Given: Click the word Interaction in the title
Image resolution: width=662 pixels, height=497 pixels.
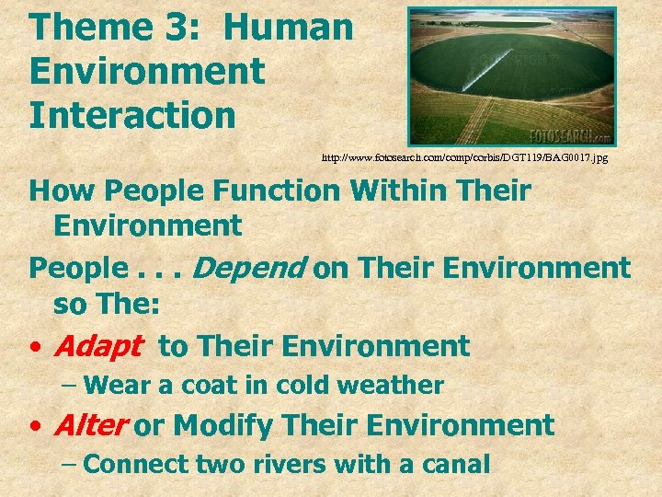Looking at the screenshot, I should (132, 116).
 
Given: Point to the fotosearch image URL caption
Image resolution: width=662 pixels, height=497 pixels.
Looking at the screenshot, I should (464, 158).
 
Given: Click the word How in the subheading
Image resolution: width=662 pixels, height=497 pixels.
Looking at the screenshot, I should (61, 191).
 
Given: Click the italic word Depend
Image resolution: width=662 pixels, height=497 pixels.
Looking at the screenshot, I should (250, 268).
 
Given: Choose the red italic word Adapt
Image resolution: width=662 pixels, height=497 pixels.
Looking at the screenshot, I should (98, 347).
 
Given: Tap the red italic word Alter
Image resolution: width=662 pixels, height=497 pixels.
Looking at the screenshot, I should (90, 425).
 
